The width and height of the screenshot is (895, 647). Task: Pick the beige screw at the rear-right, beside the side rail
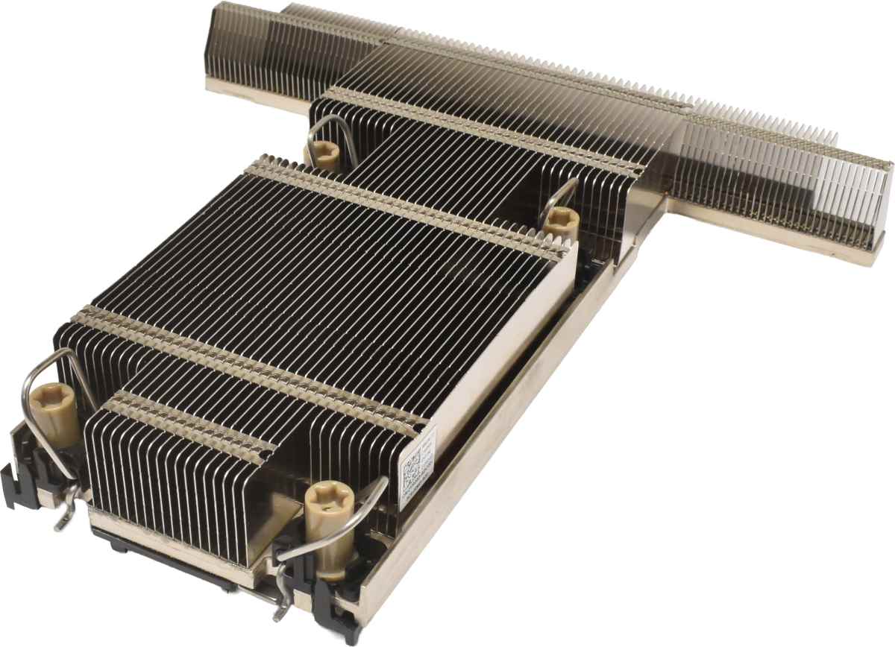561,221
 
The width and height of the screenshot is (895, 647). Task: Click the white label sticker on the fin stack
416,470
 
